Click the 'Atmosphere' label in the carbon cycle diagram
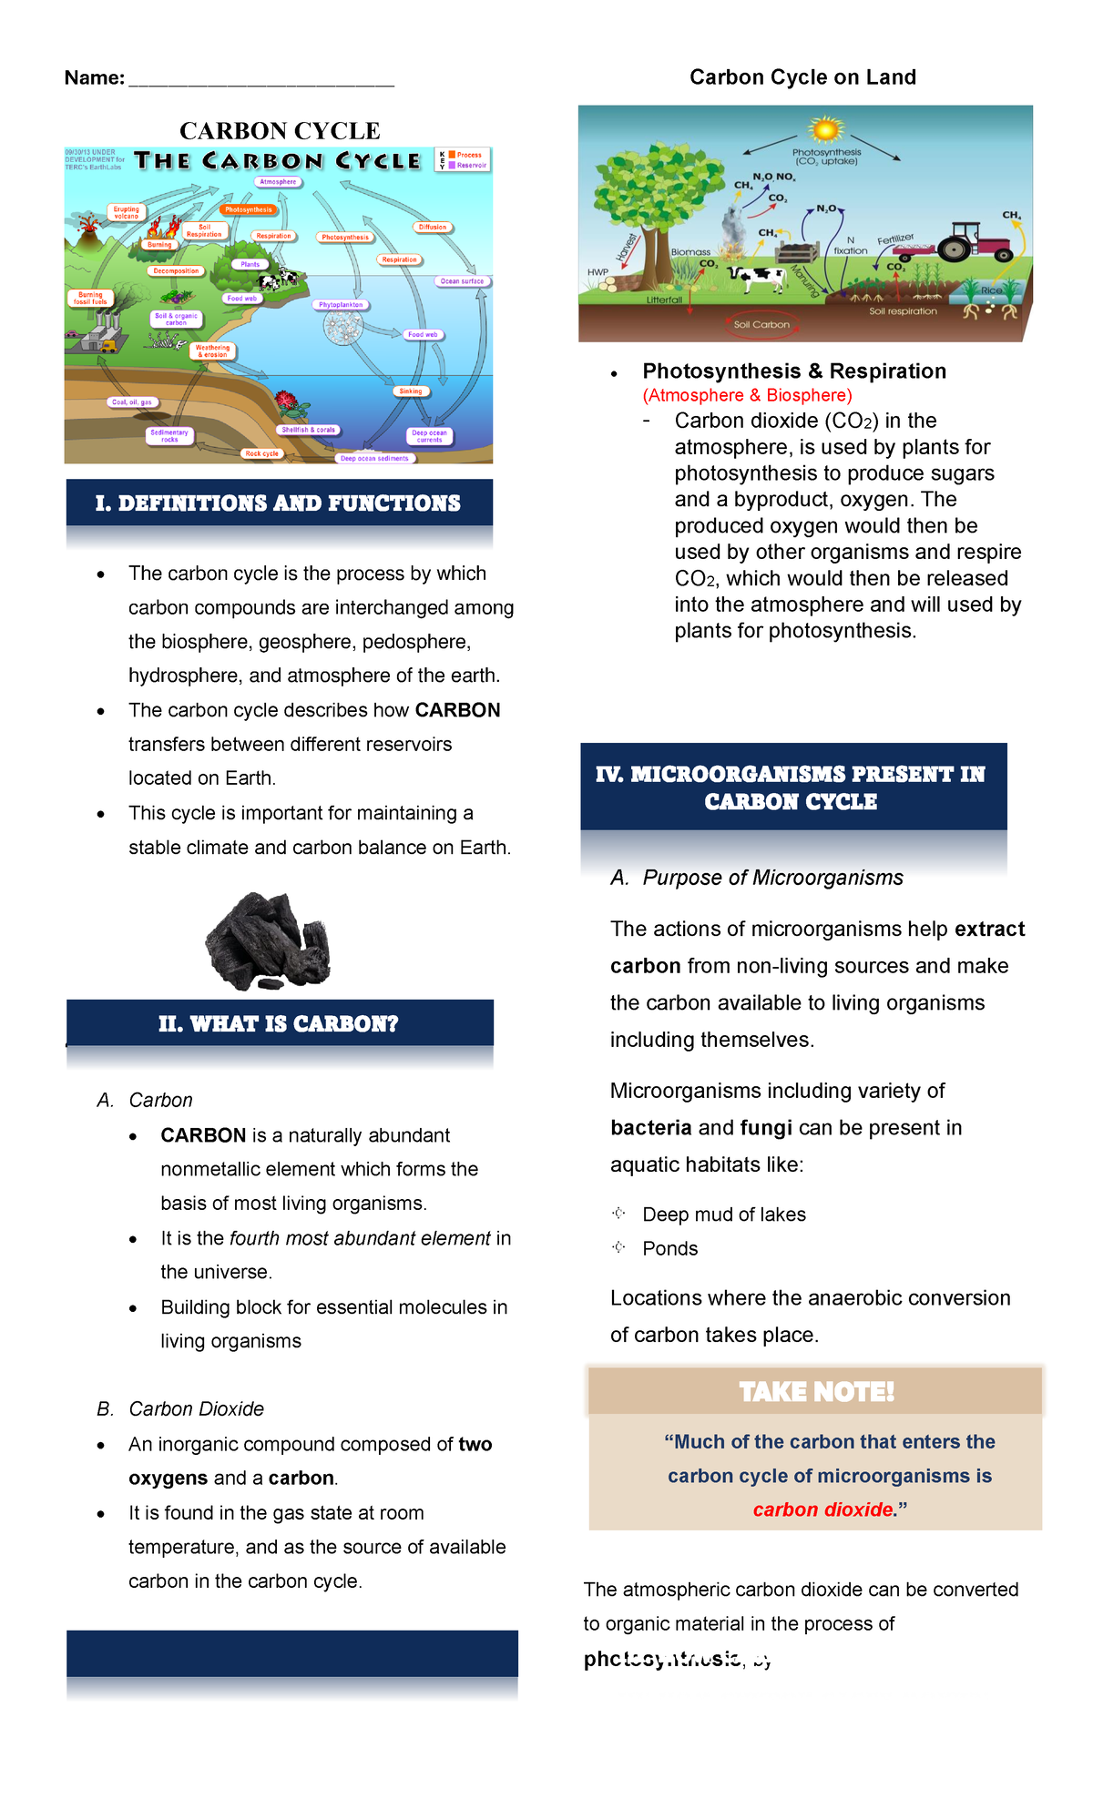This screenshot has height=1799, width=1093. (x=278, y=182)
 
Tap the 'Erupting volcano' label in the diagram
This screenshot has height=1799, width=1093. (x=127, y=213)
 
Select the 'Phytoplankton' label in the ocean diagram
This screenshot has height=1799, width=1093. (x=341, y=305)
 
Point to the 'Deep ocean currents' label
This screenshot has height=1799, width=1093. (x=429, y=436)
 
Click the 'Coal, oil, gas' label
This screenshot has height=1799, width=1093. (x=132, y=401)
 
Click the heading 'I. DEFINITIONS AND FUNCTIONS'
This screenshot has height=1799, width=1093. (x=278, y=503)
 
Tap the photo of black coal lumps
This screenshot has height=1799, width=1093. (x=268, y=941)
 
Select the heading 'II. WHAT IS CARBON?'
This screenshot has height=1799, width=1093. (x=279, y=1024)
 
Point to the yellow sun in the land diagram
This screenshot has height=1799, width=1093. (x=825, y=129)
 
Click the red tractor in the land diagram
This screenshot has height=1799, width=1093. (x=975, y=241)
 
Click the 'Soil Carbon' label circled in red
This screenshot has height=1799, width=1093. (x=761, y=324)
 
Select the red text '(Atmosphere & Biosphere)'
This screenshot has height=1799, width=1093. (x=747, y=395)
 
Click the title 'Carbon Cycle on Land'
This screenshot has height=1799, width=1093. (x=802, y=77)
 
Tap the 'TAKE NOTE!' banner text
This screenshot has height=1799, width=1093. (x=816, y=1392)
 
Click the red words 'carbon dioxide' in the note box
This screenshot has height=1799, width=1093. (x=823, y=1509)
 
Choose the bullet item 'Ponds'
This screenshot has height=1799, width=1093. (x=669, y=1249)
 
